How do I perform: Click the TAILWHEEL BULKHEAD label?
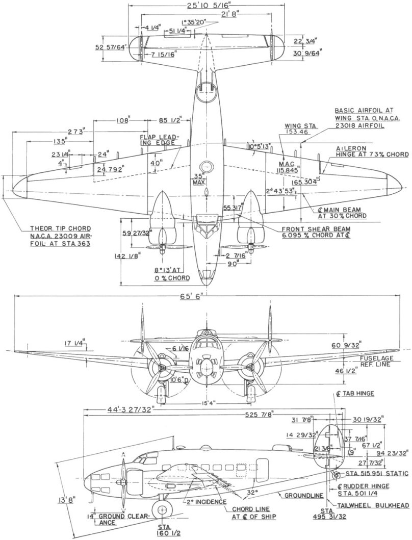pyautogui.click(x=373, y=505)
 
